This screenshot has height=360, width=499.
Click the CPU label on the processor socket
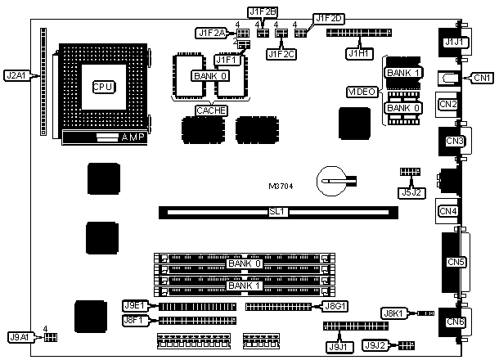coord(102,86)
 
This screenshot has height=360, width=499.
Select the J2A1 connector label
coord(16,76)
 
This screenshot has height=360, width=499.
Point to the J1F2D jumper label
coord(330,18)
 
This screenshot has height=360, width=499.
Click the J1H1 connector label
coord(357,53)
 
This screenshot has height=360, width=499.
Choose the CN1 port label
coord(482,78)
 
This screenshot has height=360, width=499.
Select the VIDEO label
coord(362,92)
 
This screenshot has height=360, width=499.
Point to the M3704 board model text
coord(283,186)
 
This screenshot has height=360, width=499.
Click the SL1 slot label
coord(276,212)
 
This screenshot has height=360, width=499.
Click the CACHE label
coord(211,110)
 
